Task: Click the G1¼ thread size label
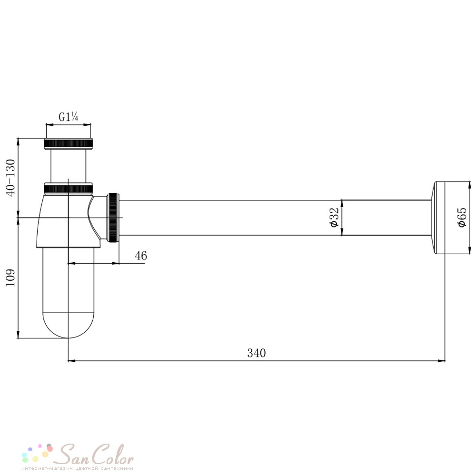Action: [x=68, y=117]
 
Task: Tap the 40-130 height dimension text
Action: [x=10, y=178]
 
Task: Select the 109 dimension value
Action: [x=10, y=278]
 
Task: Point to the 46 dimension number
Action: [x=141, y=256]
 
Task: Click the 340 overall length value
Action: [x=257, y=353]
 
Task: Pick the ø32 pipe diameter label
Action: [x=334, y=218]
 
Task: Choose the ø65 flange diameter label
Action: [x=461, y=218]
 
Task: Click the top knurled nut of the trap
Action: [x=68, y=144]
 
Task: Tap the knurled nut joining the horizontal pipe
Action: [x=114, y=218]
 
